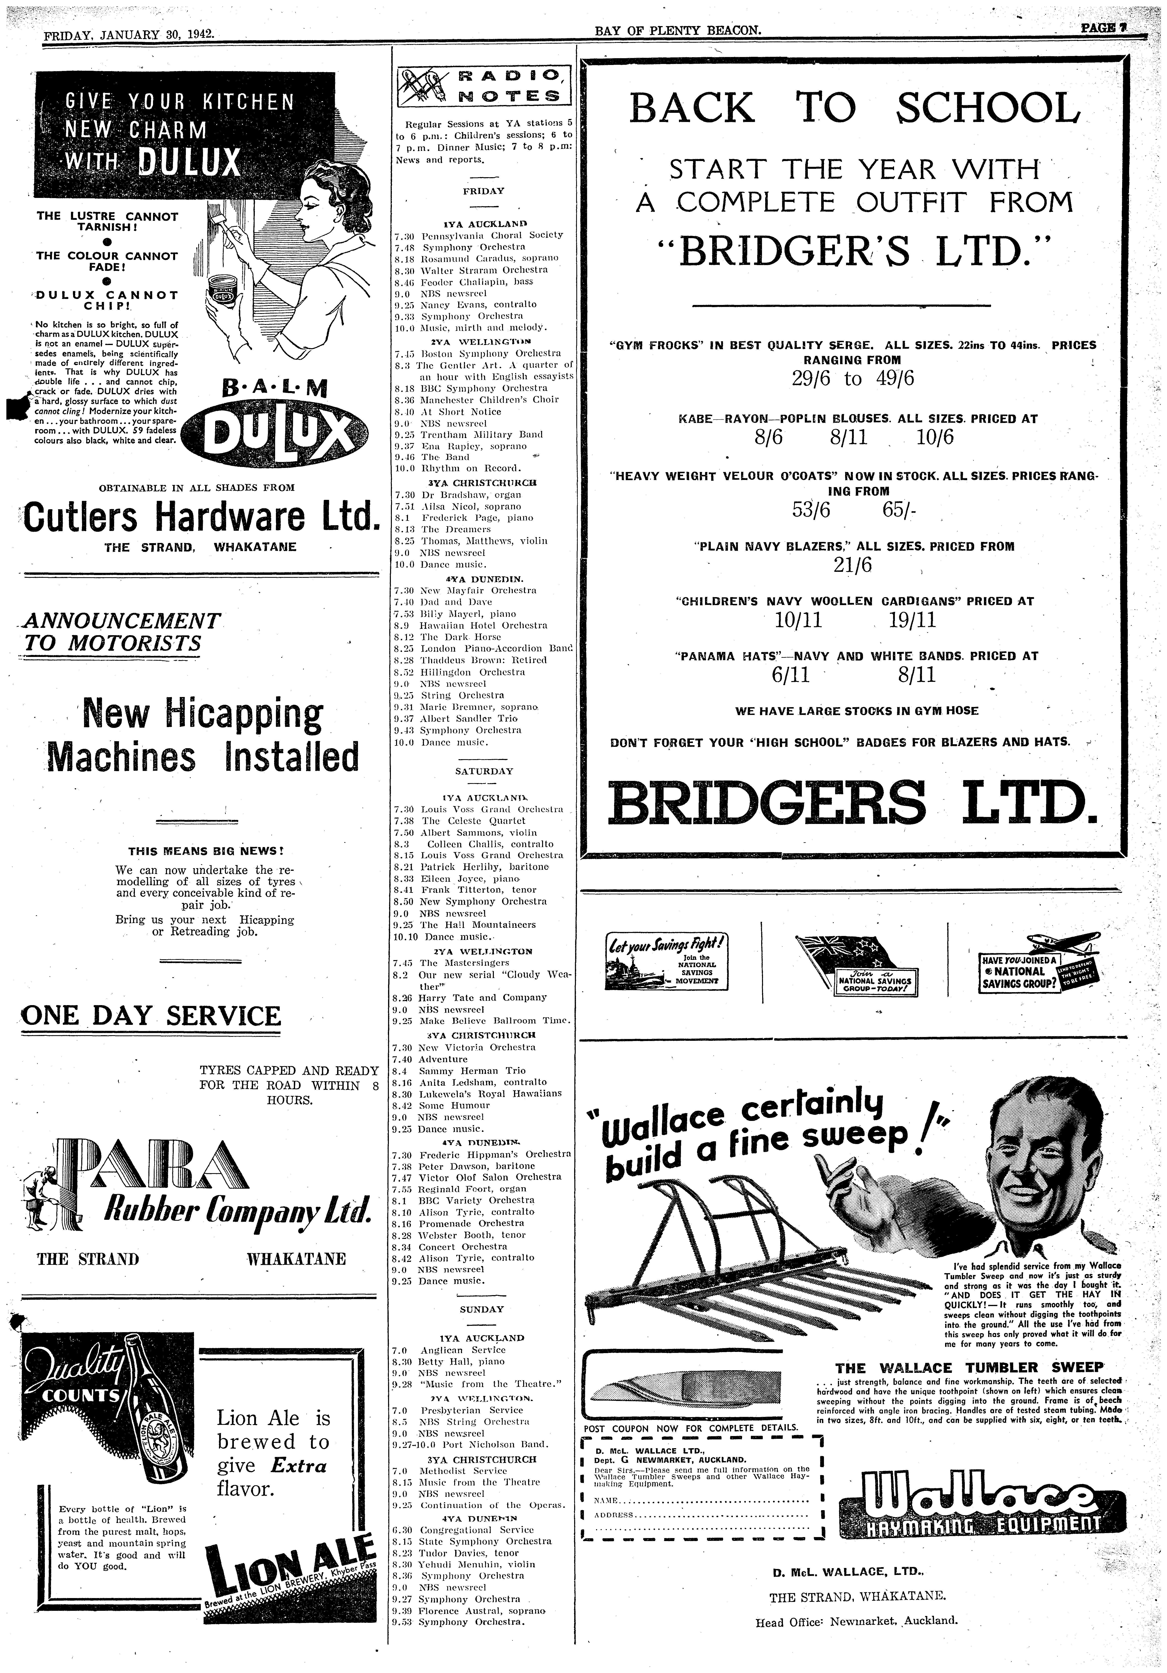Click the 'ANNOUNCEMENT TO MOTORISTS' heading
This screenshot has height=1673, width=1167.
pyautogui.click(x=121, y=632)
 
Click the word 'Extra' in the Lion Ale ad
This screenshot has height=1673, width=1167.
pyautogui.click(x=300, y=1465)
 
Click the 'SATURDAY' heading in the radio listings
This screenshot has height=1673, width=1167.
pyautogui.click(x=484, y=771)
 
